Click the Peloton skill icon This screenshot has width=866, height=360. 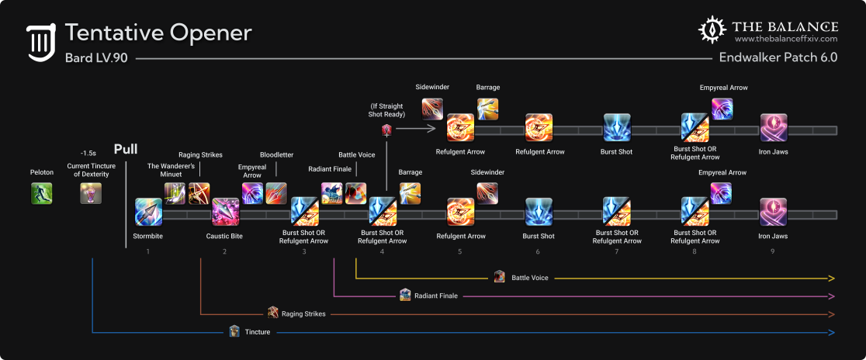pyautogui.click(x=41, y=193)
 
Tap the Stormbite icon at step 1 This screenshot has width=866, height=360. pyautogui.click(x=147, y=212)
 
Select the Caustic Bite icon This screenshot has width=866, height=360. pyautogui.click(x=225, y=212)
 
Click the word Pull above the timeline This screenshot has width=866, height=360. pyautogui.click(x=126, y=149)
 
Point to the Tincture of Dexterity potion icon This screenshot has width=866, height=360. pyautogui.click(x=91, y=193)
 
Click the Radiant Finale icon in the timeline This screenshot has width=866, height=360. pyautogui.click(x=332, y=193)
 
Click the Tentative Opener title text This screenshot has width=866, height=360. pyautogui.click(x=158, y=33)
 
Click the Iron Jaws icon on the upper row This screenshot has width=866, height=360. pyautogui.click(x=773, y=127)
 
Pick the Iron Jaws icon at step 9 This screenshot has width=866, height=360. pyautogui.click(x=773, y=212)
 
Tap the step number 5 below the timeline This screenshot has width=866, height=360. pyautogui.click(x=460, y=251)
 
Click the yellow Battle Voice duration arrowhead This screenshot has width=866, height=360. pyautogui.click(x=832, y=278)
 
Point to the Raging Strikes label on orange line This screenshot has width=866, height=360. pyautogui.click(x=303, y=313)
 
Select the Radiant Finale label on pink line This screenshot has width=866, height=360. pyautogui.click(x=435, y=296)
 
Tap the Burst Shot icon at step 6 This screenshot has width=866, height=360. pyautogui.click(x=539, y=212)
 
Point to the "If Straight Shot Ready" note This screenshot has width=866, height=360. pyautogui.click(x=386, y=109)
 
